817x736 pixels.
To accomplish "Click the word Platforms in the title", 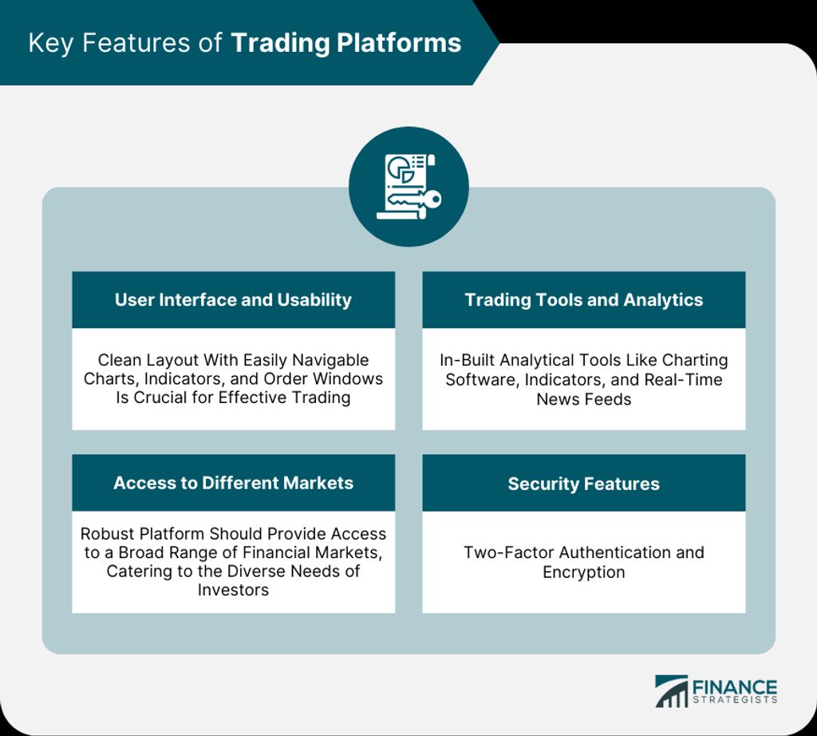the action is coord(399,43).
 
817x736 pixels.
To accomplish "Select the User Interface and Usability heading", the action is coord(234,299).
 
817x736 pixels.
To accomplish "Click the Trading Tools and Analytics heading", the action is coord(583,299).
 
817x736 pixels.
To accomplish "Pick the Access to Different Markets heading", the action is coord(234,483).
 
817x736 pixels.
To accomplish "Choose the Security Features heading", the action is coord(583,484).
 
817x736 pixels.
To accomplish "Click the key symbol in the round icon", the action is coord(415,199).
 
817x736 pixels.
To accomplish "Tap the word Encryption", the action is coord(583,572).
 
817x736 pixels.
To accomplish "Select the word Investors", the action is coord(234,590).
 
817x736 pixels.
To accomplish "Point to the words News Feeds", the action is coord(583,399).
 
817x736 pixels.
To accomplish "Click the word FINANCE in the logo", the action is coord(734,687).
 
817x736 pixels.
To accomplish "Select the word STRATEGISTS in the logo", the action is coord(735,700).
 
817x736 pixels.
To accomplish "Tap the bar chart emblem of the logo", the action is coord(671,691).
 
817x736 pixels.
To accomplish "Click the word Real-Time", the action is coord(683,379).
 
